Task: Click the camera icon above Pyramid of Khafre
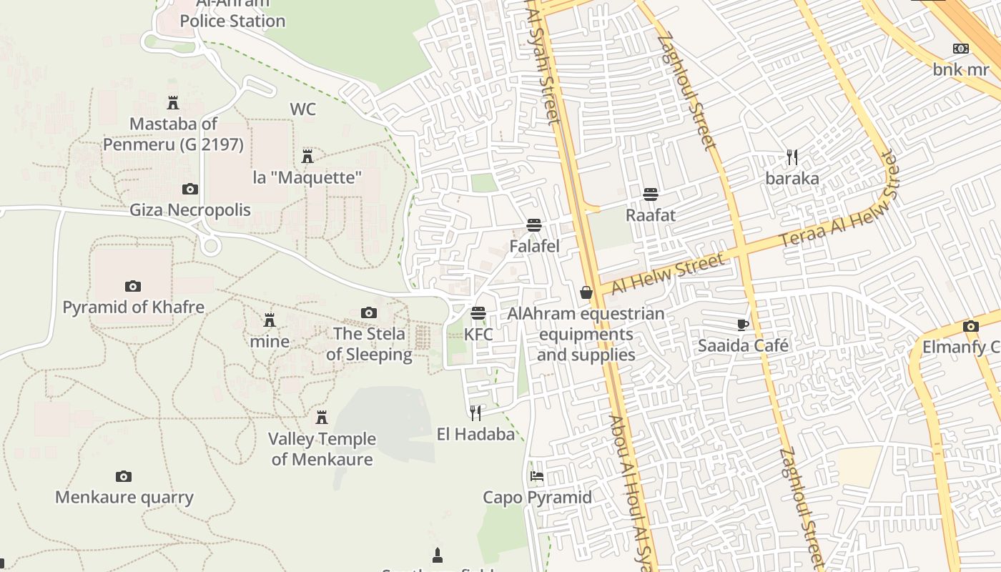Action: coord(133,286)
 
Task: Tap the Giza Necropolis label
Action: coord(190,210)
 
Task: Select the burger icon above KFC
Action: coord(478,313)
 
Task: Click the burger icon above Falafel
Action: coord(533,225)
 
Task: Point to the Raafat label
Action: coord(651,215)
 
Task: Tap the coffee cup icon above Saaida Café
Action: coord(743,325)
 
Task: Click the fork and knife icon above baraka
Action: coord(792,157)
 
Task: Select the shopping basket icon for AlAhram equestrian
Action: coord(586,292)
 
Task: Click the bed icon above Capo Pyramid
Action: coord(537,476)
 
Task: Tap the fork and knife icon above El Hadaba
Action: coord(475,413)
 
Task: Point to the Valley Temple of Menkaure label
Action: coord(322,449)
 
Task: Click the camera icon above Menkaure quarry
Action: coord(124,476)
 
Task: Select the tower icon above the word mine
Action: coord(270,320)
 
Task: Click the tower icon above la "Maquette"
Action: coord(307,156)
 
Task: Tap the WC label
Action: coord(302,109)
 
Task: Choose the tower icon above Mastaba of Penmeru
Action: coord(173,103)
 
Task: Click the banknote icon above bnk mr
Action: coord(961,49)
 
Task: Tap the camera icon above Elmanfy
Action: coord(970,326)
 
